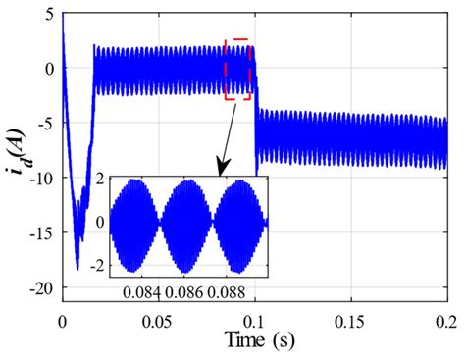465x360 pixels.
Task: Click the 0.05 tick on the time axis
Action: [159, 320]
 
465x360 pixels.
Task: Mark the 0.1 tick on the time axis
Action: [256, 320]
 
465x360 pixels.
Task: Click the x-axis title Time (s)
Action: [254, 342]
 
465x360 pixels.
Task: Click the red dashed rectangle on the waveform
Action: [237, 70]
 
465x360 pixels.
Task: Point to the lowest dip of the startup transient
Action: [77, 268]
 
